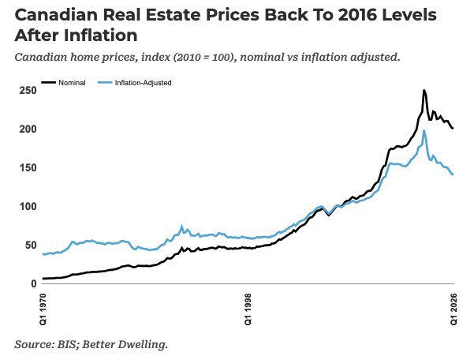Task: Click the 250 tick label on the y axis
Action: [28, 91]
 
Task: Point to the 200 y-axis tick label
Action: [28, 129]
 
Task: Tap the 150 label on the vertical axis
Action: [28, 168]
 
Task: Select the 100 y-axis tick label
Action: [28, 207]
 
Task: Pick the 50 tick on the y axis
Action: [31, 245]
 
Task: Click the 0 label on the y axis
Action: [34, 283]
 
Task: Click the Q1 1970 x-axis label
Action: [43, 309]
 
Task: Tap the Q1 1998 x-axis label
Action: [248, 309]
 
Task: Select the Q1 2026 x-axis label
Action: [454, 309]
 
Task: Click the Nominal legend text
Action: [72, 83]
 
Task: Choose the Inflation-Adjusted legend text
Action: [143, 83]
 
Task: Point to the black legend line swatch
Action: [48, 82]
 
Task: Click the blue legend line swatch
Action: [105, 82]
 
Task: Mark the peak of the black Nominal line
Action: [424, 90]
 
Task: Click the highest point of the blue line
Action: [424, 131]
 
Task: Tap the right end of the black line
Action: [453, 128]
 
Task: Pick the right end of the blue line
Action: [453, 174]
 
